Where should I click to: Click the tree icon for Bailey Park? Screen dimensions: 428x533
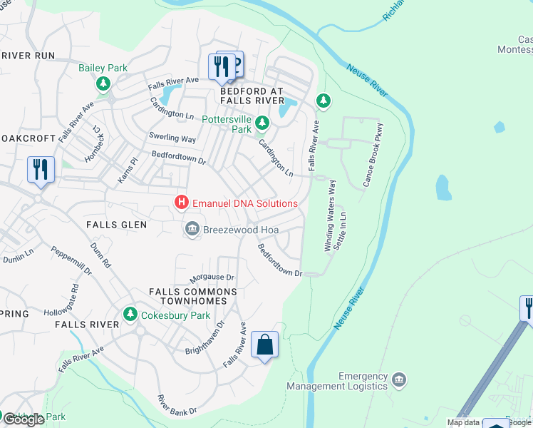pos(104,84)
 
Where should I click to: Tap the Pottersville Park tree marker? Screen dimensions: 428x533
pos(262,123)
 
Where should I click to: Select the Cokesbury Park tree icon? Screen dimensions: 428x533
pos(130,315)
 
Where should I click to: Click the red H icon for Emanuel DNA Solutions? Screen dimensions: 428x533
pos(182,203)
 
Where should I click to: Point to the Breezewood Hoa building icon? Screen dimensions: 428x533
pos(192,229)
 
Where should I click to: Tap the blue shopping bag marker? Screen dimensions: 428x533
pos(264,345)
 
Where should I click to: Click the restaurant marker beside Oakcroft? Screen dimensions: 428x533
pos(40,170)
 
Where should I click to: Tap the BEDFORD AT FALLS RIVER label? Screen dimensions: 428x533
pos(252,96)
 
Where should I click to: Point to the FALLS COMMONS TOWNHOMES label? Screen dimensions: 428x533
pos(192,296)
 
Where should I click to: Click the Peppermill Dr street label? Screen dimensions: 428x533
pos(71,261)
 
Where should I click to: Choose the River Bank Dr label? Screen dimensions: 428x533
pos(177,405)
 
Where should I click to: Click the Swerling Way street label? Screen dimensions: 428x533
pos(172,138)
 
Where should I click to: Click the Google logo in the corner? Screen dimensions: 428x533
pos(24,419)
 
